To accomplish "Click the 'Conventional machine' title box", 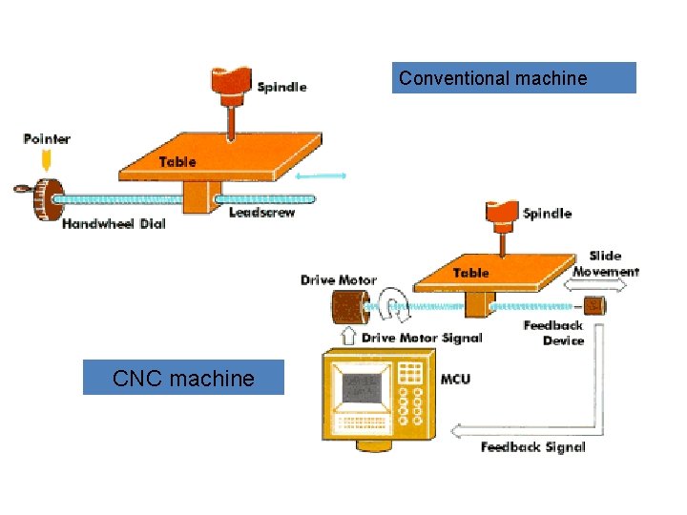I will pos(514,78).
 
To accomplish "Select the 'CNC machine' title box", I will pos(183,378).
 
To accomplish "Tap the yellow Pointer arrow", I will pos(45,160).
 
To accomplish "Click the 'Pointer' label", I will pos(47,139).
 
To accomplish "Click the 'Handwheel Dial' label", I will pos(114,224).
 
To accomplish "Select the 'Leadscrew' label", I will pos(262,212).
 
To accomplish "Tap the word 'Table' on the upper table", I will pos(177,162).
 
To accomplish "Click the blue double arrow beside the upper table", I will pos(321,175).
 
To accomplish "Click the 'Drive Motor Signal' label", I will pos(422,338).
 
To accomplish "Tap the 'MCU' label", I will pos(455,380).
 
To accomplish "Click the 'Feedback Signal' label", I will pos(532,447).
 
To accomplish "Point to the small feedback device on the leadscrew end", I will pos(593,306).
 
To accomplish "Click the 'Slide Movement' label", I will pos(605,263).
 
